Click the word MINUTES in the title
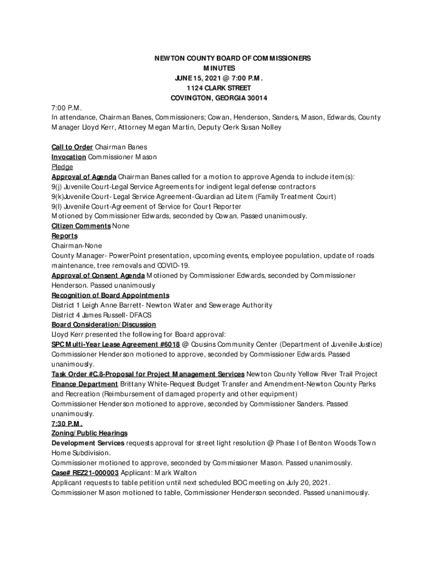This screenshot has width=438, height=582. pos(219,68)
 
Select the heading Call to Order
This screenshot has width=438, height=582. pos(72,147)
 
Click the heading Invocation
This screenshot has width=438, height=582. pos(69,157)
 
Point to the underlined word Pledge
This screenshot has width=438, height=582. pos(62,167)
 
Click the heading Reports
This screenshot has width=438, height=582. pos(65,236)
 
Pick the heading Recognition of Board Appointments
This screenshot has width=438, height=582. pos(110,296)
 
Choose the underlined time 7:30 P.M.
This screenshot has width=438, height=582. pos(67,424)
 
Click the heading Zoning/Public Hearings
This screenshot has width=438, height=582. pos(89,434)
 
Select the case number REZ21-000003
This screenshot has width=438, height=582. pos(96,473)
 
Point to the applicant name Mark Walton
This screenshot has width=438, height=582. pos(178,473)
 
